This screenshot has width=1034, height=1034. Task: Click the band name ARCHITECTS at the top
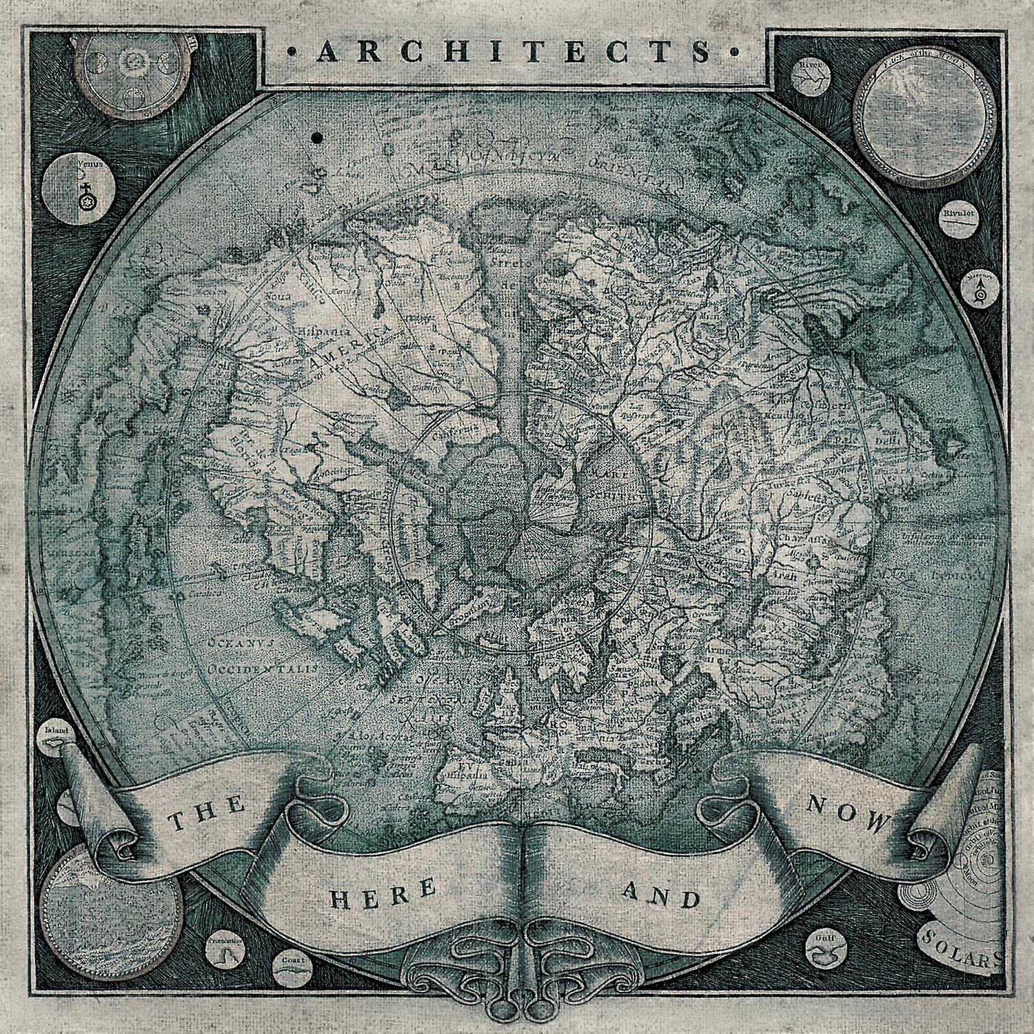[x=517, y=52]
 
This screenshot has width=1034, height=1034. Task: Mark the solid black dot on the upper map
[x=317, y=137]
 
